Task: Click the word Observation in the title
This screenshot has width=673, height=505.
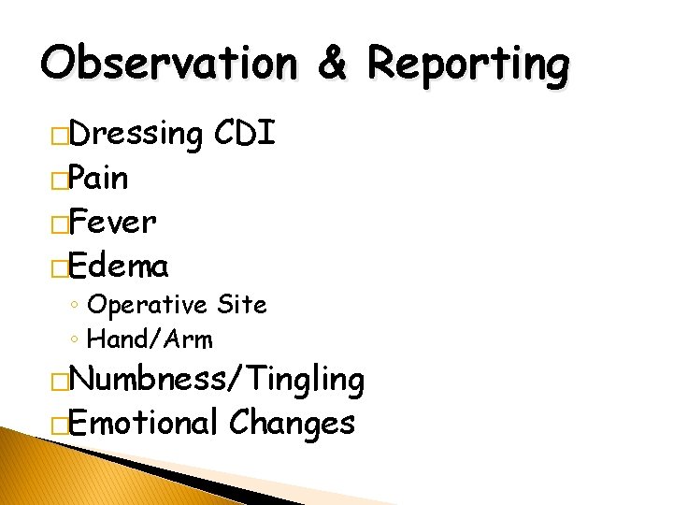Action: click(169, 64)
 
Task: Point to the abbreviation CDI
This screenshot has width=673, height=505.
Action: click(244, 134)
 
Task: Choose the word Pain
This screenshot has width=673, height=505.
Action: click(98, 178)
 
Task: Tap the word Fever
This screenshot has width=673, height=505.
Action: click(112, 223)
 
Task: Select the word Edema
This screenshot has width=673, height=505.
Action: click(119, 267)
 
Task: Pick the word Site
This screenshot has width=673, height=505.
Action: click(241, 305)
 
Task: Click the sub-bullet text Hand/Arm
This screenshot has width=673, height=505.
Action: click(150, 338)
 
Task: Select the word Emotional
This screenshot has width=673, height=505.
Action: click(142, 423)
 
